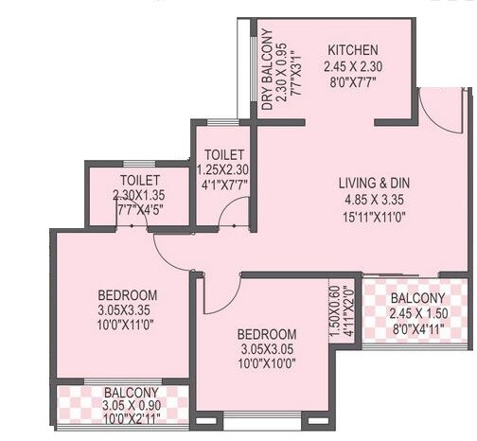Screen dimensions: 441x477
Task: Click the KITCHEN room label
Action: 353,49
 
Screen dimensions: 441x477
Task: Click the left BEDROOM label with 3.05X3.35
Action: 127,294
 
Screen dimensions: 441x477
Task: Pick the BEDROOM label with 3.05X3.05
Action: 266,335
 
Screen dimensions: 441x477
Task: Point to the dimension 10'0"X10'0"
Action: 266,366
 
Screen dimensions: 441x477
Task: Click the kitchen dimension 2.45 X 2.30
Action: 353,66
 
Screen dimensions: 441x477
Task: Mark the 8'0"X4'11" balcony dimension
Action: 416,331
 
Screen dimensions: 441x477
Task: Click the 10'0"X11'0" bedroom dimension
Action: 127,326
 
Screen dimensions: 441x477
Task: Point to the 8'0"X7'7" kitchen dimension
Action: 353,82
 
